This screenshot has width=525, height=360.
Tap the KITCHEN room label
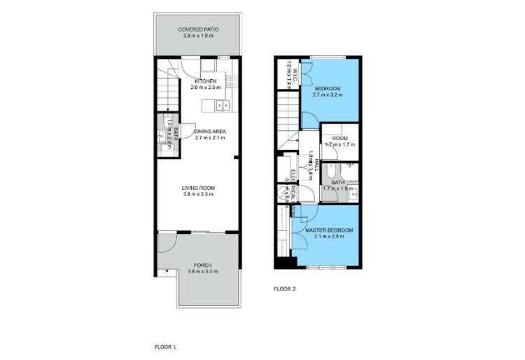205,82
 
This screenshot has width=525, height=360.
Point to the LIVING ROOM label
198,188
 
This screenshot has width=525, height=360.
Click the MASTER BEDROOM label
328,230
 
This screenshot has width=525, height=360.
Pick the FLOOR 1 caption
165,346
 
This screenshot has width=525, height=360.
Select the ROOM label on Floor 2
339,138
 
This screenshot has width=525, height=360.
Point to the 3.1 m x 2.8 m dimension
328,237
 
